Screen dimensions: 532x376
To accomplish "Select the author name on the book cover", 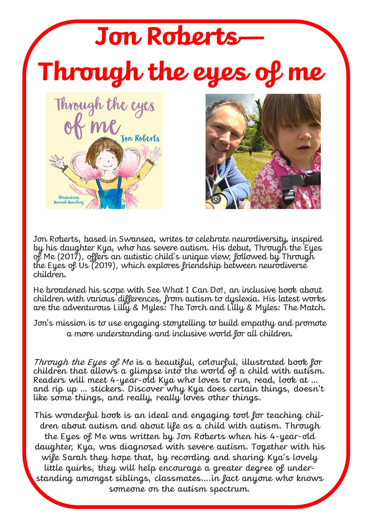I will (140, 139).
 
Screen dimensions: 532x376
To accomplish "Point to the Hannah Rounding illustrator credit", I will (69, 202).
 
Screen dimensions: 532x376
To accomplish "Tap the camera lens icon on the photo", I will (216, 199).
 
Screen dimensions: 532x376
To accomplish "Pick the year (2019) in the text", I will (105, 266).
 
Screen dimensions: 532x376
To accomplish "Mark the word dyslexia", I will (241, 299).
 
